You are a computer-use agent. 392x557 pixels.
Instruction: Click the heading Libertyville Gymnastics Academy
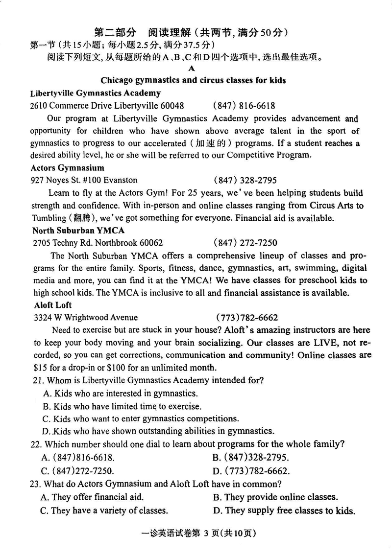[x=95, y=93]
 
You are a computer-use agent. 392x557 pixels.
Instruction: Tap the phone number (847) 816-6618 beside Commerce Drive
[x=244, y=106]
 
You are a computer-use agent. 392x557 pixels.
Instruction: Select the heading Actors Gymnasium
[x=68, y=168]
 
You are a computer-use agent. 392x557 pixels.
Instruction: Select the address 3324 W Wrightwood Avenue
[x=86, y=317]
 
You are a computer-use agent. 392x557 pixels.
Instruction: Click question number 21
[x=37, y=380]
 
